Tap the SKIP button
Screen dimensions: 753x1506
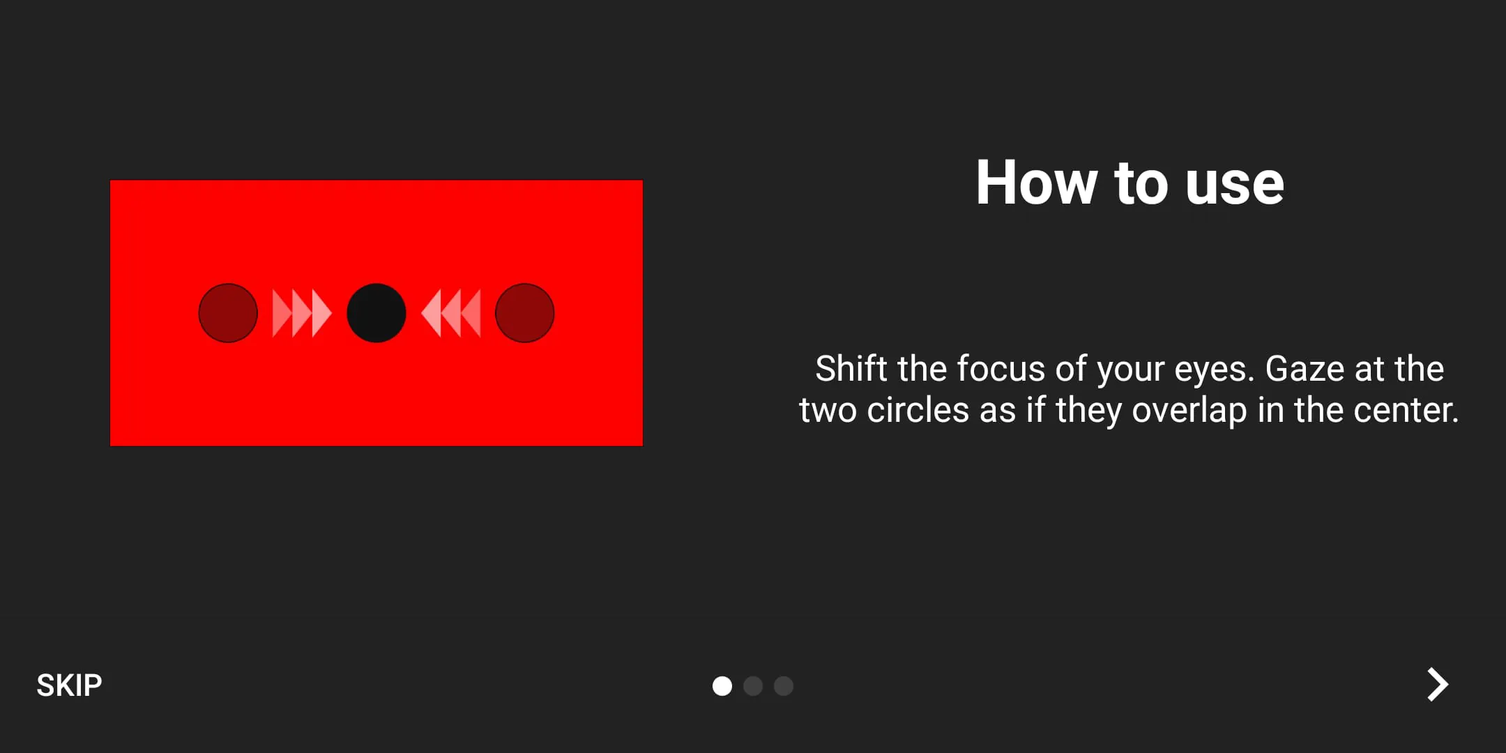(69, 685)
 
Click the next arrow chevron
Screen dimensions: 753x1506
(1437, 685)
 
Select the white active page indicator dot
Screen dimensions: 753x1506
(722, 686)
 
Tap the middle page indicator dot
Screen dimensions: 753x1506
(753, 686)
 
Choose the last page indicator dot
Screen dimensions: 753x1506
(784, 686)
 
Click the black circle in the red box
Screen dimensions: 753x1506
(376, 313)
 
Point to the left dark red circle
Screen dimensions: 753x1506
(228, 313)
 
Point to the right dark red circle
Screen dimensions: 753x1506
(525, 313)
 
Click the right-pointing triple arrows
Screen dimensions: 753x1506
(301, 313)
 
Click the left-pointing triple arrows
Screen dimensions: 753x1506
(452, 313)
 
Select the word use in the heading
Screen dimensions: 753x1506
(1234, 184)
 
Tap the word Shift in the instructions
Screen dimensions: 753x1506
(851, 369)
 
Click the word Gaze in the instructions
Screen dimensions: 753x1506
(1304, 369)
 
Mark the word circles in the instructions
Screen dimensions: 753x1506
(918, 410)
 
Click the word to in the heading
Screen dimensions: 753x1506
(1141, 184)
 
